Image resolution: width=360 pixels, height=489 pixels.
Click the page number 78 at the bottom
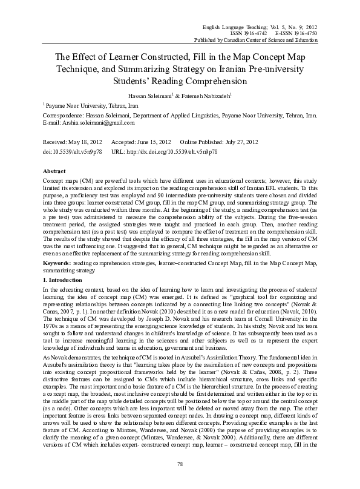pyautogui.click(x=180, y=481)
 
